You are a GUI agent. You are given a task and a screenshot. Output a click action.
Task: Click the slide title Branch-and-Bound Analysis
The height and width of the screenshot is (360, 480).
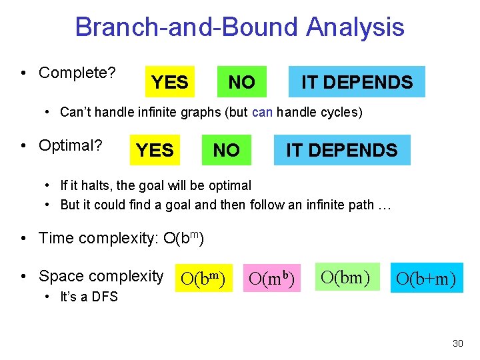[x=239, y=27]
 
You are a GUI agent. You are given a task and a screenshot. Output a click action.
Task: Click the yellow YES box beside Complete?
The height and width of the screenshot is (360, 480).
[x=169, y=82]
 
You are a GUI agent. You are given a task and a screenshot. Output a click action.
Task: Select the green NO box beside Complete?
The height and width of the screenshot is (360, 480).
[x=241, y=82]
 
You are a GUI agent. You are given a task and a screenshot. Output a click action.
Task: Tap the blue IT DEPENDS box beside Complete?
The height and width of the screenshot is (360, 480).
[x=357, y=82]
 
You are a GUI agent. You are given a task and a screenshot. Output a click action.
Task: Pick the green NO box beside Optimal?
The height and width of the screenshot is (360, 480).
[x=226, y=150]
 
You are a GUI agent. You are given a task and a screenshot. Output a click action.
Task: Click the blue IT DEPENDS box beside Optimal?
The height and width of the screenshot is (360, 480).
[x=341, y=150]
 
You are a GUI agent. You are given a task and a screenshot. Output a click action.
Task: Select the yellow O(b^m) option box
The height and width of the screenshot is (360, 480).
[x=203, y=277]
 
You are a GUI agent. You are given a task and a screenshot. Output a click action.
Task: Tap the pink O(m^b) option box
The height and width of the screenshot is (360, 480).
[x=272, y=277]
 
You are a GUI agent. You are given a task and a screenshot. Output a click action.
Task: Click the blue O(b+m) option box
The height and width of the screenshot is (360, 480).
[x=426, y=277]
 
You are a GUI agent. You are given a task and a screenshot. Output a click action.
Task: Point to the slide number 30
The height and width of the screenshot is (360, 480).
[x=457, y=343]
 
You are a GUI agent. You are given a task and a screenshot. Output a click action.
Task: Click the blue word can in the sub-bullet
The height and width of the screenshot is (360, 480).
[x=263, y=112]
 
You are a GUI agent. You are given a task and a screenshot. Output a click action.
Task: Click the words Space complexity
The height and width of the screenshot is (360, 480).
[x=101, y=276]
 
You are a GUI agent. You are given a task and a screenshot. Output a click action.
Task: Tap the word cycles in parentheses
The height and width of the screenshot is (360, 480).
[x=339, y=112]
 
